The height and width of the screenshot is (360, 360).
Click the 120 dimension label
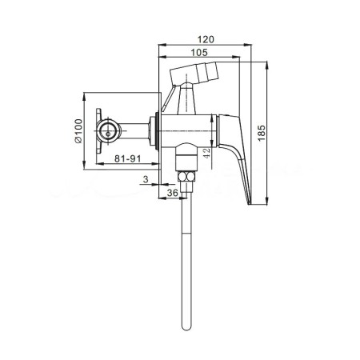206,39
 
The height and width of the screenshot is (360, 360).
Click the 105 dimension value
199,53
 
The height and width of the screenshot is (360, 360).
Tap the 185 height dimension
262,133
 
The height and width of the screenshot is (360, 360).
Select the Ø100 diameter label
78,131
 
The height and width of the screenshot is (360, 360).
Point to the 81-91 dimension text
127,158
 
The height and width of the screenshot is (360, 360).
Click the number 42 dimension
206,153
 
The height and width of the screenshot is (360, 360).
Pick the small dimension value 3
146,179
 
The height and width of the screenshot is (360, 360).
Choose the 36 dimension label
172,193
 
